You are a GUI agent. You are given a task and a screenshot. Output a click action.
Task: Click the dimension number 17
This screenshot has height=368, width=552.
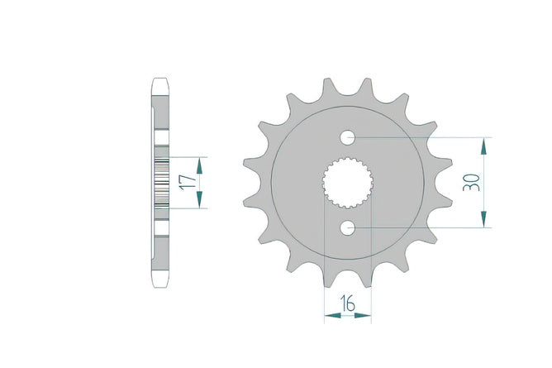pyautogui.click(x=188, y=182)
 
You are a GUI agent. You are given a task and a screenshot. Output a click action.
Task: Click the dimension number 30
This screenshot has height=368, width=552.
pyautogui.click(x=471, y=183)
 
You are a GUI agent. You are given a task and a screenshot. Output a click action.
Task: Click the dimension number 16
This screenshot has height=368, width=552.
pyautogui.click(x=347, y=303)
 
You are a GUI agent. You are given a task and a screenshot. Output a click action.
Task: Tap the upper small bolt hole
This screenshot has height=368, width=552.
pyautogui.click(x=347, y=137)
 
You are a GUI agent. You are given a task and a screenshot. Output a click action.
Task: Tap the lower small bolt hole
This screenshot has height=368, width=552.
pyautogui.click(x=347, y=227)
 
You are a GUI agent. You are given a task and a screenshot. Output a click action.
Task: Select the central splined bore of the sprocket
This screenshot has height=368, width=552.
pyautogui.click(x=347, y=183)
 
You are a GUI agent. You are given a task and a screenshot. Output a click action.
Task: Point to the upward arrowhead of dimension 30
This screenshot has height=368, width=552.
pyautogui.click(x=484, y=146)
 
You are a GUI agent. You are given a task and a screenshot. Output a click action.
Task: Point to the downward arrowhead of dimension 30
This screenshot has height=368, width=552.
pyautogui.click(x=484, y=219)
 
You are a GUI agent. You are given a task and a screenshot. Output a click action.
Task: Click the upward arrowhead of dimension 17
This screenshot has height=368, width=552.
pyautogui.click(x=200, y=165)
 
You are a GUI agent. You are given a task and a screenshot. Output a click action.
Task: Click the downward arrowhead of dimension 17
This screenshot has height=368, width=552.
pyautogui.click(x=200, y=199)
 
